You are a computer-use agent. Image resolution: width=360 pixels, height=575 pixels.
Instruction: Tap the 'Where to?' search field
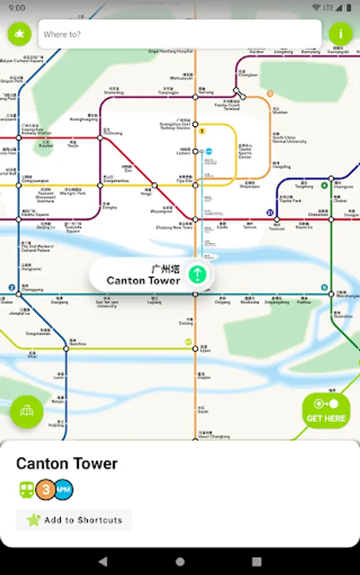[x=179, y=34]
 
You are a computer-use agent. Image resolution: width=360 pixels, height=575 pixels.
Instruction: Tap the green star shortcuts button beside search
[x=20, y=34]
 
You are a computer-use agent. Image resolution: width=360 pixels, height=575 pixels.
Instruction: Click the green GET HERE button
[x=326, y=411]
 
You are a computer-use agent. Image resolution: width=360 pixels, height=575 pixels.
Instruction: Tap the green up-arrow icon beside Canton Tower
[x=198, y=275]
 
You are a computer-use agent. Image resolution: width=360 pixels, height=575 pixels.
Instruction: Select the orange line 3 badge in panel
[x=45, y=489]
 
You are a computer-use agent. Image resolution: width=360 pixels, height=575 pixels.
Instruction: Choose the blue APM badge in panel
[x=63, y=489]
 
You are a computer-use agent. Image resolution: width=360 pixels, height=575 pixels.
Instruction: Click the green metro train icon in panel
[x=27, y=489]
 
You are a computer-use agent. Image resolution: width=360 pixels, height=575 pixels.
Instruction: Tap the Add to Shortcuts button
[x=74, y=520]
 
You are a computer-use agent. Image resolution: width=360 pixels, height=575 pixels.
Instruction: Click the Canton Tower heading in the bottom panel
[x=67, y=463]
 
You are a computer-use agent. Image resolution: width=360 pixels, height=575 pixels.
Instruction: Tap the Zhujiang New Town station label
[x=174, y=226]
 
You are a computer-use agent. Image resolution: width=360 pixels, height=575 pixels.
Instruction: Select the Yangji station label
[x=146, y=193]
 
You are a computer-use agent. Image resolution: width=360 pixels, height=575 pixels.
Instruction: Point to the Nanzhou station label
[x=77, y=343]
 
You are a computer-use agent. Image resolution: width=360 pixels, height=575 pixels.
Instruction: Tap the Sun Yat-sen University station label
[x=107, y=304]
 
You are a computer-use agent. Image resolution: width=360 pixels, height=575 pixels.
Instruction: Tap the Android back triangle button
[x=103, y=562]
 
